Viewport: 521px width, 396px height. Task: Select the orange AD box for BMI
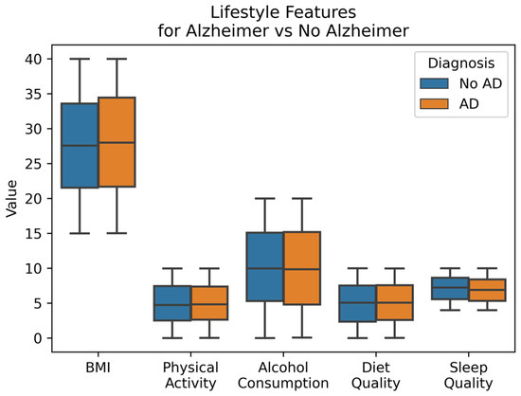point(117,142)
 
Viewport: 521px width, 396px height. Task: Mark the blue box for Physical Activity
point(172,303)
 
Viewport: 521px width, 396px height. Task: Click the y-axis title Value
point(10,199)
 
